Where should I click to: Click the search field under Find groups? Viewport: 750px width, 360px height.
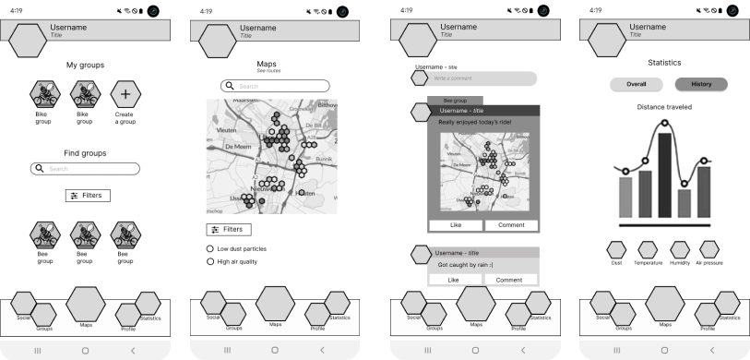[85, 169]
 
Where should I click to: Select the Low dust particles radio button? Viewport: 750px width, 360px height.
[210, 249]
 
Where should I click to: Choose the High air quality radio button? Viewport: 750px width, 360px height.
[210, 262]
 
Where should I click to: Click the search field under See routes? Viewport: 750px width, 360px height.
[275, 86]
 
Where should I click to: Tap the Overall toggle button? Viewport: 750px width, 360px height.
[636, 84]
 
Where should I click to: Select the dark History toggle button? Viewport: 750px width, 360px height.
[701, 84]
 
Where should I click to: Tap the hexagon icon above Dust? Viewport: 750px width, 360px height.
[616, 249]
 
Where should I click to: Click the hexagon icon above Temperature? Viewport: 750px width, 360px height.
[648, 249]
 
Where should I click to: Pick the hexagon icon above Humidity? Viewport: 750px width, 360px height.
[680, 249]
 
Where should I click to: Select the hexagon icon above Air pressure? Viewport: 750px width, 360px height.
[709, 249]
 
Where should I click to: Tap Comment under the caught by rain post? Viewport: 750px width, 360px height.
[510, 279]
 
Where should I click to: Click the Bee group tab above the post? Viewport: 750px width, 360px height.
[455, 100]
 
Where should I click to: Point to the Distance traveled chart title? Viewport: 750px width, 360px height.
[664, 107]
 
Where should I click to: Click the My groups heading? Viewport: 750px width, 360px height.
[85, 65]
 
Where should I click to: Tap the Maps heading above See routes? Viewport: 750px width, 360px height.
[267, 64]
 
